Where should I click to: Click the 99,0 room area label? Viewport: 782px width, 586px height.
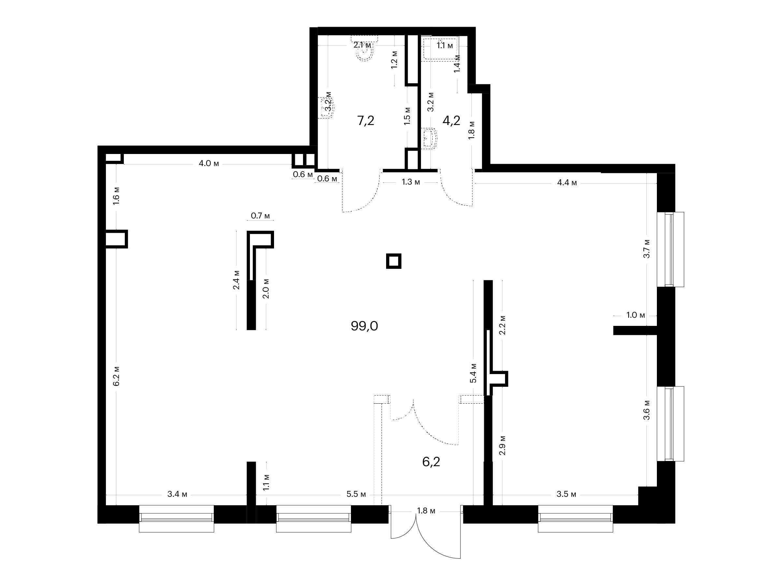pos(364,326)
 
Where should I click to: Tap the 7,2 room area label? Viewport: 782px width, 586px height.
pos(366,121)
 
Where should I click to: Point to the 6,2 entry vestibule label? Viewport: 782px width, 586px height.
pos(431,462)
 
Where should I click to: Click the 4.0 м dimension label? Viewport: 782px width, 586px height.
pos(209,163)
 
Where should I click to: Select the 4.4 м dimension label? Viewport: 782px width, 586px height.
pos(567,183)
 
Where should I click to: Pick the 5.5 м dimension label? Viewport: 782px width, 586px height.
pos(356,494)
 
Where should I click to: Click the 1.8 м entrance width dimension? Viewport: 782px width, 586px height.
pos(426,511)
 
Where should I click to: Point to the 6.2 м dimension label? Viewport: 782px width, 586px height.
pos(117,376)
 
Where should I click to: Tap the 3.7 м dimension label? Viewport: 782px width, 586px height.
pos(646,249)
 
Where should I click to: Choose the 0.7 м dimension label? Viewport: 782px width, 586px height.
pos(260,216)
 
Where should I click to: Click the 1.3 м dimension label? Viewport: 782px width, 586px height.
pos(411,182)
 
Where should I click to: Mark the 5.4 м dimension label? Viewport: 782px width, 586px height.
pos(473,373)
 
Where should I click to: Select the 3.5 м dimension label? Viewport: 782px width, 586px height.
pos(566,494)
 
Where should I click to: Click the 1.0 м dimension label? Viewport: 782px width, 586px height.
pos(636,315)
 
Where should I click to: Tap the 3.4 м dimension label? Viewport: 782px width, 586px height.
pos(177,494)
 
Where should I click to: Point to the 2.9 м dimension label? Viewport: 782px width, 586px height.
pos(503,445)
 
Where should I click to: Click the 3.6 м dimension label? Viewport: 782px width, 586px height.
pos(646,410)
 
